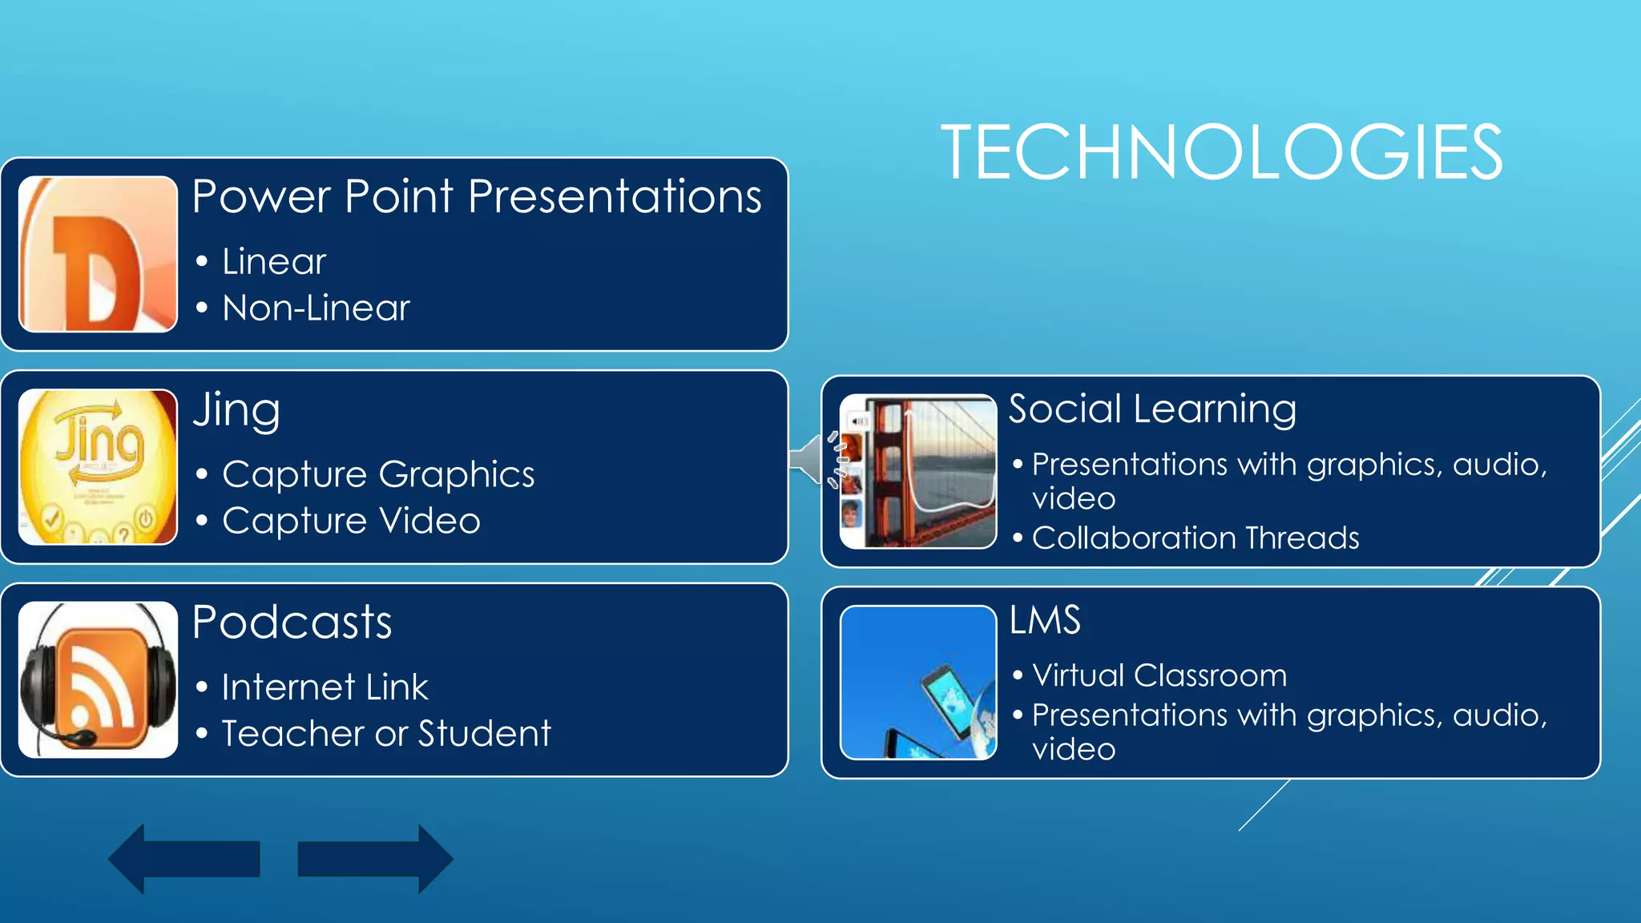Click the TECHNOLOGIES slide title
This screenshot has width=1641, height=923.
[1221, 152]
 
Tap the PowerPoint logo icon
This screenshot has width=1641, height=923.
[98, 254]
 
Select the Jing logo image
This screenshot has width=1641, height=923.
[98, 467]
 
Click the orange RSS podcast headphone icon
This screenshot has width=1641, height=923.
[98, 679]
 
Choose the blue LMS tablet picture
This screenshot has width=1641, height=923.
[918, 683]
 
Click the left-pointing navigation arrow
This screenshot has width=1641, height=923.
[184, 859]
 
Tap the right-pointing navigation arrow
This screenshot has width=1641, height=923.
[375, 859]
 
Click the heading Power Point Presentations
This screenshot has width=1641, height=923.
[477, 197]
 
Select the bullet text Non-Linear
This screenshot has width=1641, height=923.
[316, 308]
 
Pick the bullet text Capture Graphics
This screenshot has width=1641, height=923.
[378, 474]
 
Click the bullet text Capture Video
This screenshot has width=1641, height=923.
[351, 521]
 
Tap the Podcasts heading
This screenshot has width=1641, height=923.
[292, 623]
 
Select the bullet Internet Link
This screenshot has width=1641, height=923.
[325, 687]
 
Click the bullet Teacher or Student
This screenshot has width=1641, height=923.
[386, 734]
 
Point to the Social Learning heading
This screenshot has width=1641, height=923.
[1152, 409]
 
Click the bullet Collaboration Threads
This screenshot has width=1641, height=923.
[1195, 538]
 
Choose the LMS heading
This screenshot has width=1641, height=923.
[1045, 620]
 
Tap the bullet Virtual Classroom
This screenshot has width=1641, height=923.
[1159, 675]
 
